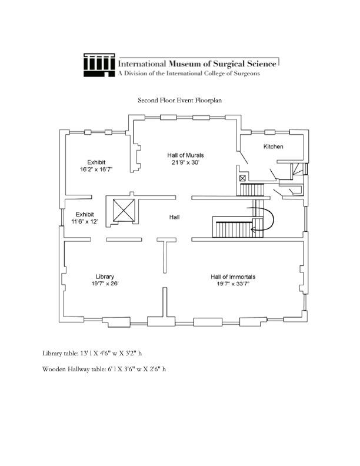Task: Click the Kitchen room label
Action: click(x=274, y=147)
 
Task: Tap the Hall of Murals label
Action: click(x=185, y=155)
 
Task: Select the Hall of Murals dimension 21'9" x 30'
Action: click(x=185, y=162)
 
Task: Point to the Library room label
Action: click(x=105, y=277)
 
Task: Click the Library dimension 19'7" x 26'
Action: click(x=105, y=284)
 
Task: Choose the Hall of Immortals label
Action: click(x=233, y=277)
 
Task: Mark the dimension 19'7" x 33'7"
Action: click(x=233, y=284)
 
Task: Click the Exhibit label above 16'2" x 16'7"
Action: click(x=96, y=162)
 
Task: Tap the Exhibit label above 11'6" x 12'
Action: click(x=85, y=214)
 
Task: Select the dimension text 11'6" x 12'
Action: click(x=85, y=221)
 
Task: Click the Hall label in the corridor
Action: click(x=174, y=217)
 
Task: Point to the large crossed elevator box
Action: click(x=124, y=211)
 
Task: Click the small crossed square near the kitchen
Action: click(x=243, y=178)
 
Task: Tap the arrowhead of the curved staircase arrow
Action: click(x=253, y=229)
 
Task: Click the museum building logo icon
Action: click(x=99, y=65)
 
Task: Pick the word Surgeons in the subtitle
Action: click(x=247, y=74)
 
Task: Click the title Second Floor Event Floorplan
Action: click(x=179, y=100)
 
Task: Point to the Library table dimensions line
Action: click(x=92, y=354)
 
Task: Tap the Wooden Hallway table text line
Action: click(x=104, y=369)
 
